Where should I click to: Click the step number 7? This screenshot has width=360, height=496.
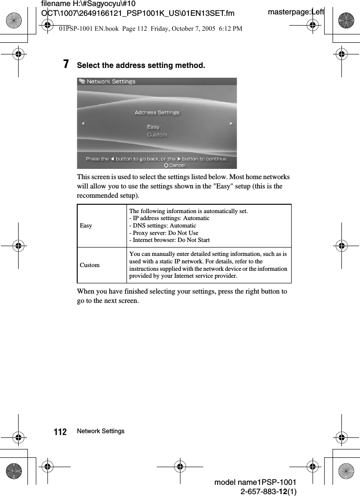tap(67, 64)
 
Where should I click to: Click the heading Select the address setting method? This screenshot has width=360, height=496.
tap(140, 66)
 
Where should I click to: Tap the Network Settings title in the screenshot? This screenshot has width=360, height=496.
tap(111, 82)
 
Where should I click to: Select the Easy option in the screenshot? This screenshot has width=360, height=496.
tap(153, 127)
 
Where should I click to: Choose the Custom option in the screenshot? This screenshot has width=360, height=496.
tap(157, 135)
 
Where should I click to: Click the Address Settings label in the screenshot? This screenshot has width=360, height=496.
tap(157, 113)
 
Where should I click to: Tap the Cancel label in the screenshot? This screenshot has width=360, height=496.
tap(177, 165)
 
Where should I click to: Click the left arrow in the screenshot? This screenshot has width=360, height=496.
tap(83, 124)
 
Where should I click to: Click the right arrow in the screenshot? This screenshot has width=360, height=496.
tap(231, 124)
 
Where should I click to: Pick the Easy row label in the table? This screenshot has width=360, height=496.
tap(86, 226)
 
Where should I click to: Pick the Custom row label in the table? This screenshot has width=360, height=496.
tap(90, 265)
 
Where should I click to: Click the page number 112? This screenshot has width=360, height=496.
tap(60, 432)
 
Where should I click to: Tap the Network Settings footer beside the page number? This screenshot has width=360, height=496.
tap(101, 431)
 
